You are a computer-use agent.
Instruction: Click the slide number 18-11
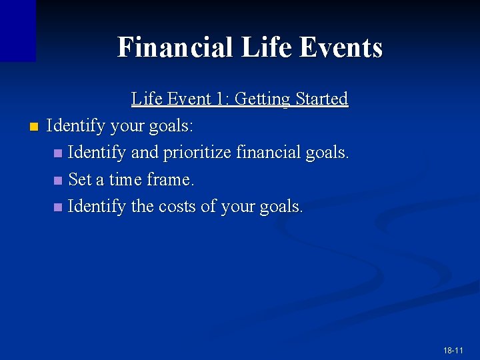click(453, 350)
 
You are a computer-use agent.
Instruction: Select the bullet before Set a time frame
click(59, 180)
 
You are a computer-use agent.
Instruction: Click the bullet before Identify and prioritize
click(59, 153)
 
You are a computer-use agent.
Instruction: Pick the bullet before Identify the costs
click(59, 207)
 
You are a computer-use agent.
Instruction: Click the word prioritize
click(198, 153)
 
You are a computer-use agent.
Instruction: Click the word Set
click(79, 179)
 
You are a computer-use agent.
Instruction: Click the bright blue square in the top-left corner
click(17, 30)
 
